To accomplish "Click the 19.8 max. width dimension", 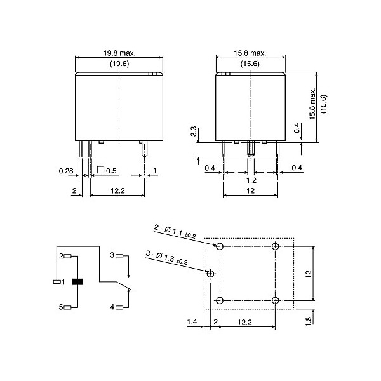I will (119, 54).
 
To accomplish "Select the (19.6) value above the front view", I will (119, 63).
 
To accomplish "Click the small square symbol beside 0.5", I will (100, 171).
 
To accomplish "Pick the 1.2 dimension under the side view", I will (252, 180).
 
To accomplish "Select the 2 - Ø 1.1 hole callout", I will (175, 231).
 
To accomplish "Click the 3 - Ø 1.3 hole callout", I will (166, 258).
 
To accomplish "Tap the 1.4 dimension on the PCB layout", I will (192, 323).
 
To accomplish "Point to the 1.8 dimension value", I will (308, 321).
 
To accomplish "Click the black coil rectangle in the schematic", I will (78, 281).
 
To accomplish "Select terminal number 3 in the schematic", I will (112, 255).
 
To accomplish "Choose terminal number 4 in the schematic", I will (112, 307).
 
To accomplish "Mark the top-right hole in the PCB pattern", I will (275, 246).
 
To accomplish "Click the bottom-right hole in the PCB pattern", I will (275, 300).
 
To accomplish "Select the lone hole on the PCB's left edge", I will (211, 273).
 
